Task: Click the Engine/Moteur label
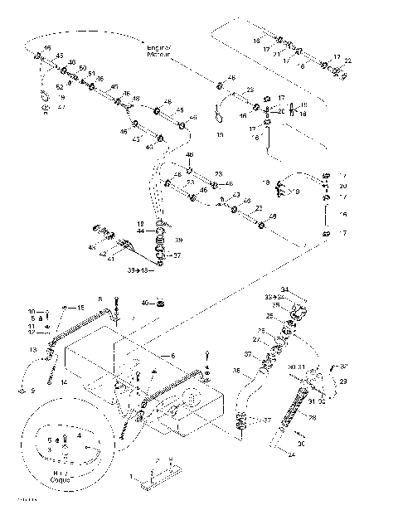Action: coord(158,51)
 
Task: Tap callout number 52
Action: coord(60,86)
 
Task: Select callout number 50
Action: coord(83,68)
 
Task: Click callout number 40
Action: coord(144,303)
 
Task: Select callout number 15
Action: coord(81,308)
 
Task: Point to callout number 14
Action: coord(63,381)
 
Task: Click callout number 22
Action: coord(347,61)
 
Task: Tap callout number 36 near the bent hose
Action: coord(235,371)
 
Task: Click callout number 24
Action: coord(291,454)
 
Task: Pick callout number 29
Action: coord(343,380)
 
